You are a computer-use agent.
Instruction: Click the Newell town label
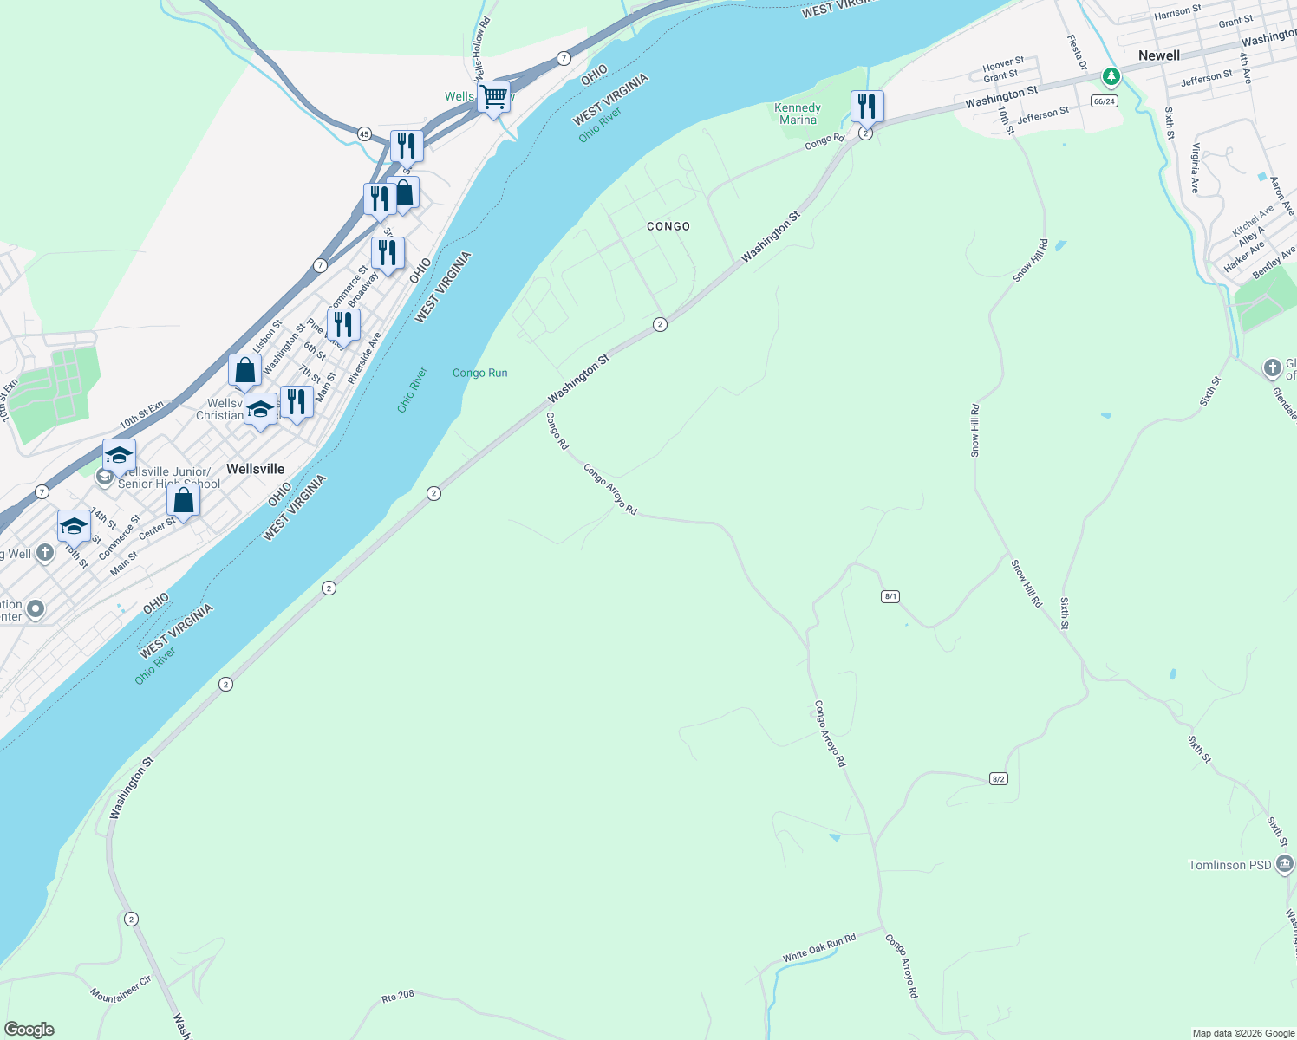coord(1158,55)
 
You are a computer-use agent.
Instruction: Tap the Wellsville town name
coord(255,469)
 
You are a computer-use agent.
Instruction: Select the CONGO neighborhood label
coord(668,226)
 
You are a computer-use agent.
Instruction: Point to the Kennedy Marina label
coord(797,114)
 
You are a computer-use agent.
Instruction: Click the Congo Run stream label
coord(479,373)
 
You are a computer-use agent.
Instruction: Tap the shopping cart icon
coord(493,97)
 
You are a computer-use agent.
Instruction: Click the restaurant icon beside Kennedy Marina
coord(867,107)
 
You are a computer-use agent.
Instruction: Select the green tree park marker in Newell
coord(1111,77)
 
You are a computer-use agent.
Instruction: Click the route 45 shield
coord(364,133)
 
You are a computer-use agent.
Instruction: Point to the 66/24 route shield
coord(1104,101)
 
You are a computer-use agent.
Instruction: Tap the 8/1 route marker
coord(890,596)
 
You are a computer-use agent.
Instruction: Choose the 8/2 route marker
coord(998,779)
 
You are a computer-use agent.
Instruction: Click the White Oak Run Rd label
coord(818,947)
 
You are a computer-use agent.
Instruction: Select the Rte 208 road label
coord(399,998)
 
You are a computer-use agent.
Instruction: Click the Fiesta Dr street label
coord(1076,52)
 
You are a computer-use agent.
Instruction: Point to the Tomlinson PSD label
coord(1229,865)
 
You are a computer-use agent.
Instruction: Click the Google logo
coord(29,1030)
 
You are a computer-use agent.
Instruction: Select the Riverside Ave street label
coord(364,358)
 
